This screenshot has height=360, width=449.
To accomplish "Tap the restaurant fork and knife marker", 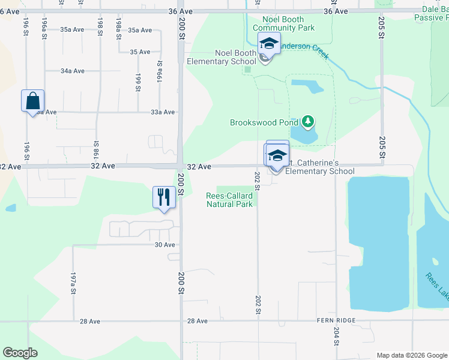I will pyautogui.click(x=164, y=197).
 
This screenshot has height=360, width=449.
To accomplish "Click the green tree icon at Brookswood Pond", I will pyautogui.click(x=308, y=122).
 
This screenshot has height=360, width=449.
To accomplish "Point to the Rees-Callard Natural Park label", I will pyautogui.click(x=229, y=200).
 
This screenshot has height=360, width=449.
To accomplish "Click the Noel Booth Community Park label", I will pyautogui.click(x=283, y=24).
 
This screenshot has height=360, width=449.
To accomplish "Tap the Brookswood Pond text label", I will pyautogui.click(x=264, y=122).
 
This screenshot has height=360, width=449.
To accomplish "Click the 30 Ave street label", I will pyautogui.click(x=164, y=245).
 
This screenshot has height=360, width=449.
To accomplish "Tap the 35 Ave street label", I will pyautogui.click(x=140, y=52).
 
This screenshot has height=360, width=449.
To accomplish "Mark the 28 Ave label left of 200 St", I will pyautogui.click(x=90, y=322).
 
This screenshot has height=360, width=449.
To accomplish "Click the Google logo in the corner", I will pyautogui.click(x=20, y=353).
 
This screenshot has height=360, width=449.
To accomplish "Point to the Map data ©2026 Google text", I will pyautogui.click(x=411, y=355).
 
